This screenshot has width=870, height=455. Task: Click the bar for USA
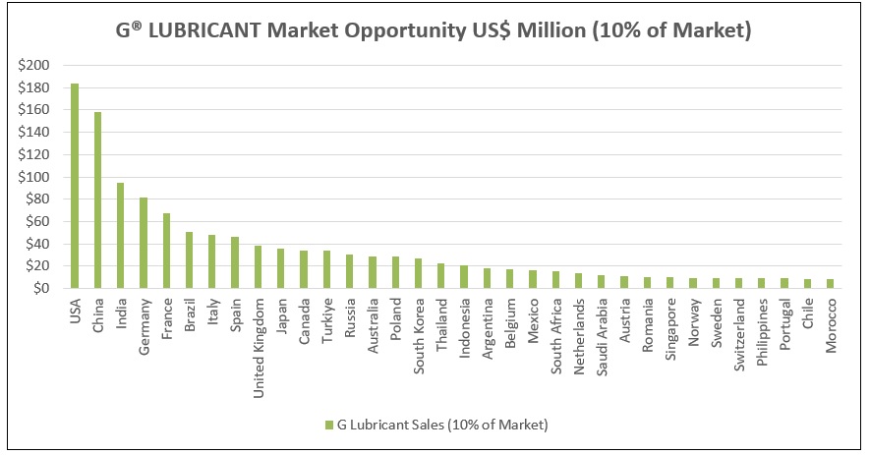pyautogui.click(x=75, y=186)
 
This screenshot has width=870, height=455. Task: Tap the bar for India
pyautogui.click(x=120, y=235)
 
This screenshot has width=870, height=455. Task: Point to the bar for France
pyautogui.click(x=166, y=251)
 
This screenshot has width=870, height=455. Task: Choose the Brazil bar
pyautogui.click(x=189, y=259)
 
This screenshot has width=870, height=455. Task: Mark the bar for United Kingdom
pyautogui.click(x=258, y=266)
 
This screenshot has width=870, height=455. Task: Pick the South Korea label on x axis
pyautogui.click(x=418, y=329)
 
